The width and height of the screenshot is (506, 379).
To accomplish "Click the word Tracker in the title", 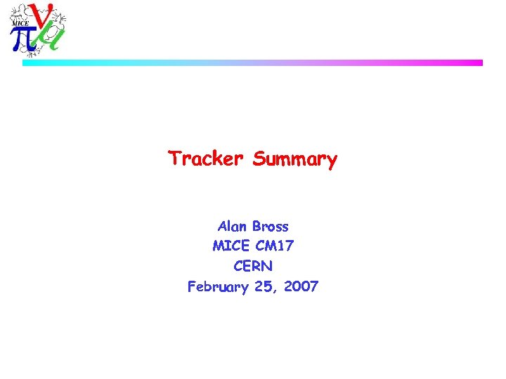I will click(x=205, y=159).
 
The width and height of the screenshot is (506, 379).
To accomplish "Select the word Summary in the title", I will click(x=295, y=160).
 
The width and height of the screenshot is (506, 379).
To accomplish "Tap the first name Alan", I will click(x=232, y=227).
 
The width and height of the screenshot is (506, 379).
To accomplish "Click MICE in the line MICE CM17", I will click(x=230, y=246).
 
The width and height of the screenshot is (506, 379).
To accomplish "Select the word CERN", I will click(x=253, y=267).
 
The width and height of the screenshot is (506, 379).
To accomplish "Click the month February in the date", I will click(x=217, y=287).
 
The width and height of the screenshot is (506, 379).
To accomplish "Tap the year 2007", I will click(x=301, y=286).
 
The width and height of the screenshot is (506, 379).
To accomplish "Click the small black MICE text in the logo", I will click(x=20, y=22).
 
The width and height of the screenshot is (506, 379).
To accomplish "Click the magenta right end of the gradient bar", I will click(x=479, y=62).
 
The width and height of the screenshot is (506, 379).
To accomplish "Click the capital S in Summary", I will click(x=259, y=159).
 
